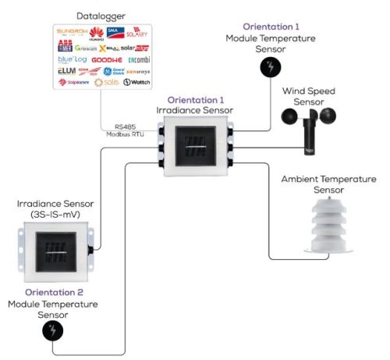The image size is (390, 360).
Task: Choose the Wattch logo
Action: coord(138,82)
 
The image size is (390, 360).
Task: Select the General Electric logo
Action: coord(119,70)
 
